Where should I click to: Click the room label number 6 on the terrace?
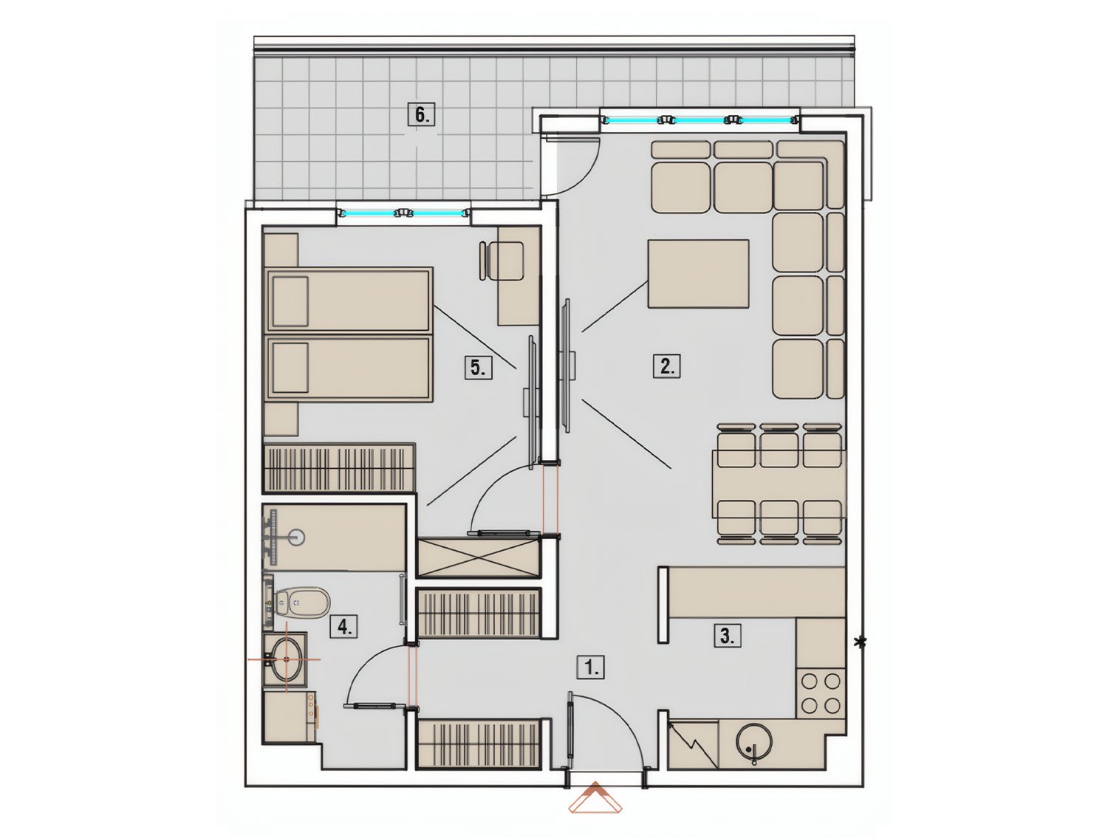tap(421, 115)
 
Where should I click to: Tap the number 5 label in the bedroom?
tap(477, 367)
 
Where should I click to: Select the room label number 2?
tap(667, 365)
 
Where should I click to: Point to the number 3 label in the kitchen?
tap(727, 636)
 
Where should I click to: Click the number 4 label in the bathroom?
tap(343, 627)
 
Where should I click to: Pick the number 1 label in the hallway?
tap(591, 667)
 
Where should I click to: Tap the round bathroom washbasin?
tap(286, 659)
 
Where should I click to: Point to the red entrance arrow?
tap(595, 799)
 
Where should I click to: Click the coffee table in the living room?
tap(698, 273)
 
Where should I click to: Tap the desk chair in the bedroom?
tap(501, 261)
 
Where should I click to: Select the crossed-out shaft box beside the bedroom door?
tap(479, 558)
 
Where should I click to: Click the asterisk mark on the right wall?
tap(859, 642)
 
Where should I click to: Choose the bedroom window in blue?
tap(403, 213)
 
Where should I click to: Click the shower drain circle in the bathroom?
tap(298, 538)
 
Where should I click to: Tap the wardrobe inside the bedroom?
tap(339, 467)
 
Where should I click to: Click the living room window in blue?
tap(700, 120)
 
